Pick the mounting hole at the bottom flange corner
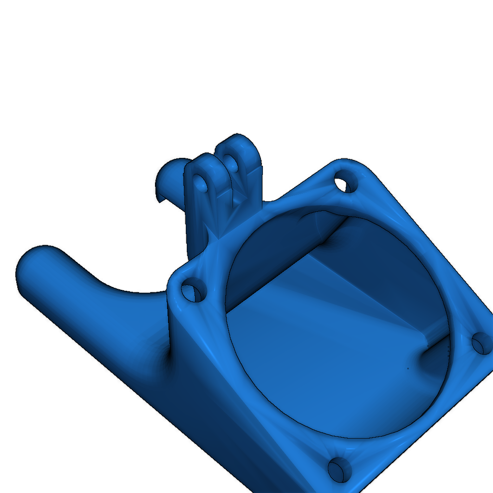point(341,469)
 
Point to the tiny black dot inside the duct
point(408,368)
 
